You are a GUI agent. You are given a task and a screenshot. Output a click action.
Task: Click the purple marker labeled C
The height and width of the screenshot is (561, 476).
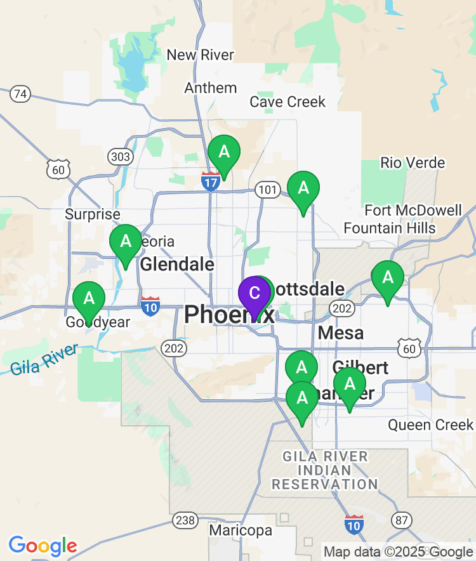(254, 294)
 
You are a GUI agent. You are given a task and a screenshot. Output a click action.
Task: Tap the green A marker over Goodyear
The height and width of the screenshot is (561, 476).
(89, 298)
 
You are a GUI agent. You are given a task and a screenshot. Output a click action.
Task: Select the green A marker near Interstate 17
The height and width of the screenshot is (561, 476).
(224, 152)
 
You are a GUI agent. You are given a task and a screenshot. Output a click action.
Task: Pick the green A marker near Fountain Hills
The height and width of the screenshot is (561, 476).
(387, 278)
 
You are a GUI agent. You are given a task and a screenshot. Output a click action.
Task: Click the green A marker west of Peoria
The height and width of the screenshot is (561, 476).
(126, 242)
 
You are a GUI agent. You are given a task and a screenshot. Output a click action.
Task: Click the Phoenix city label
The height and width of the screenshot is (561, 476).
(229, 314)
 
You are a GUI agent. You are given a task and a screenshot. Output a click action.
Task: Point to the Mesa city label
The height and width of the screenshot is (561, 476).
(341, 333)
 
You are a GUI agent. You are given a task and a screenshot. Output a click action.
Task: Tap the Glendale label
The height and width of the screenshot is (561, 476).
(177, 263)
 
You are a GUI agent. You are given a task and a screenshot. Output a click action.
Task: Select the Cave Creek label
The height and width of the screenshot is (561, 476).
(288, 102)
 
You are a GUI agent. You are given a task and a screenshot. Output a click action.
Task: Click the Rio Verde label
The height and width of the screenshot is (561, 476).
(413, 163)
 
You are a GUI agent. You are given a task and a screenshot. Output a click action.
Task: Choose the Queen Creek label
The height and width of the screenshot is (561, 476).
(431, 425)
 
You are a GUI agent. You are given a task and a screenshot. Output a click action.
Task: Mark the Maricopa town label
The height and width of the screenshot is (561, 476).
(241, 531)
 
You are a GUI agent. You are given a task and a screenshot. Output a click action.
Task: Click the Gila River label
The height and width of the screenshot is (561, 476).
(44, 359)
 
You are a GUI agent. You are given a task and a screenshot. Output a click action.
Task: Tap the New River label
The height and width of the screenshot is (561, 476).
(200, 55)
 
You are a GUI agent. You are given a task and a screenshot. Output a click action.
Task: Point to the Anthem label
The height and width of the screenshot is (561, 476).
(211, 88)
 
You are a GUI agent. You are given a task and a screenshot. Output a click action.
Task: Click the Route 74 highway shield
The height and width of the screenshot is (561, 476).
(20, 95)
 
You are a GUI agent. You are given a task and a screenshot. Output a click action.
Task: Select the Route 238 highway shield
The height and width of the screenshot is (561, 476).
(185, 521)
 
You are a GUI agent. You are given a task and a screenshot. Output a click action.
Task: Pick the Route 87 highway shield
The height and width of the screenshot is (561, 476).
(401, 521)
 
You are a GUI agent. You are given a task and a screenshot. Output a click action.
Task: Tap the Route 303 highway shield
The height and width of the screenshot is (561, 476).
(120, 156)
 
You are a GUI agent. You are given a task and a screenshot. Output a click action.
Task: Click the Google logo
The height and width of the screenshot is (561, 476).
(43, 545)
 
